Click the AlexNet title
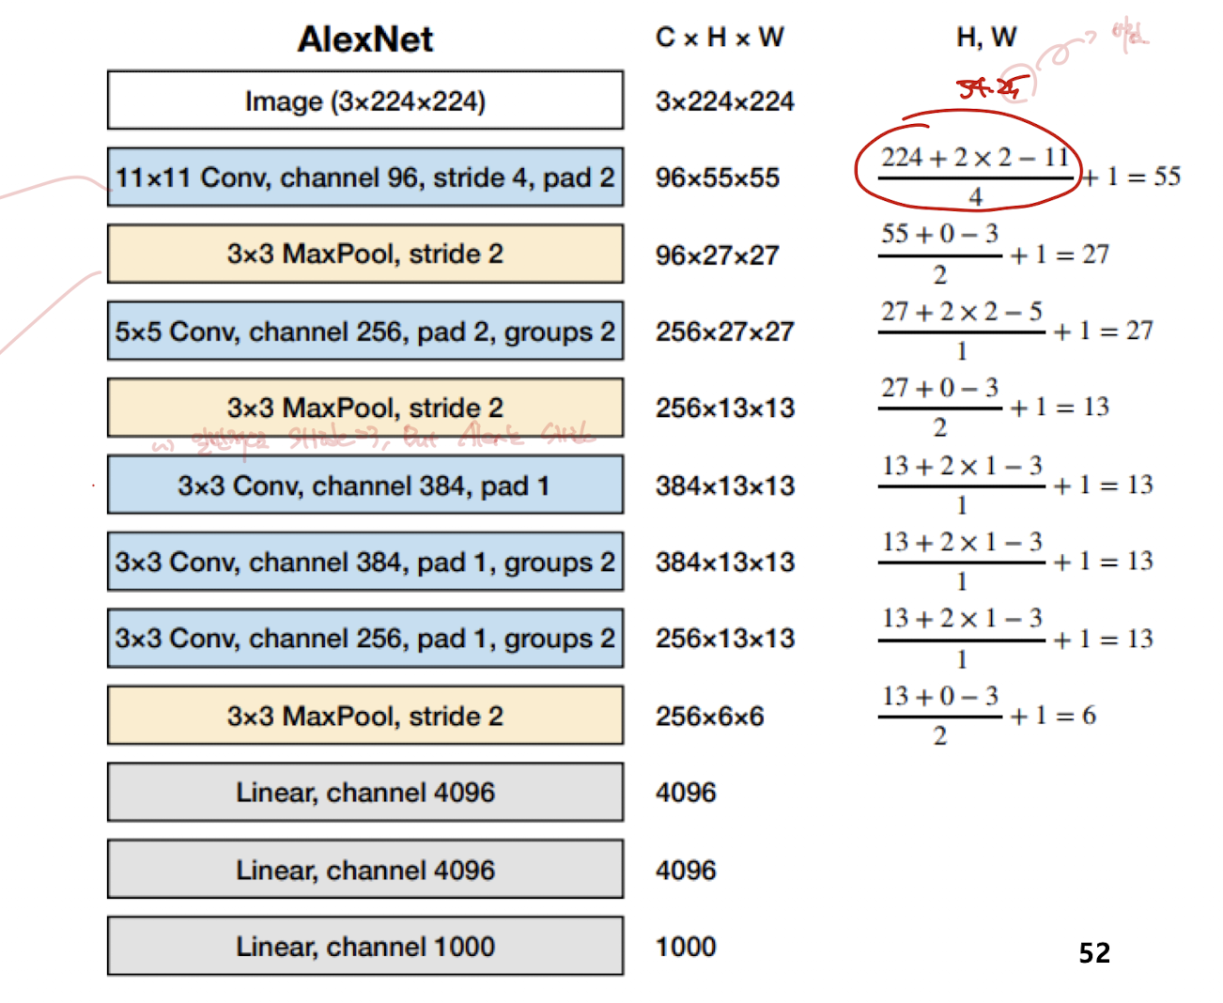[365, 39]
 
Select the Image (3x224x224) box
[365, 100]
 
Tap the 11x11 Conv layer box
[365, 177]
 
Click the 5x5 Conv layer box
[365, 332]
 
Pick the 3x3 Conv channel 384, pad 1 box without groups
[365, 486]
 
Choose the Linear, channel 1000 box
[365, 947]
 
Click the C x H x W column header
[720, 38]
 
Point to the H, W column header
[986, 38]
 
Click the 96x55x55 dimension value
[718, 177]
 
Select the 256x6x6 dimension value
[710, 717]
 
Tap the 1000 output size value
[686, 947]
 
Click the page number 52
[1094, 953]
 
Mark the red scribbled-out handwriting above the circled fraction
[988, 88]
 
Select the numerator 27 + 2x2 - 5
[961, 312]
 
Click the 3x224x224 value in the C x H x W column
[725, 101]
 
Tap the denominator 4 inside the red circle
[975, 196]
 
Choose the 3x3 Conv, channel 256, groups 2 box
[365, 639]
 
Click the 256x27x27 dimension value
[725, 332]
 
